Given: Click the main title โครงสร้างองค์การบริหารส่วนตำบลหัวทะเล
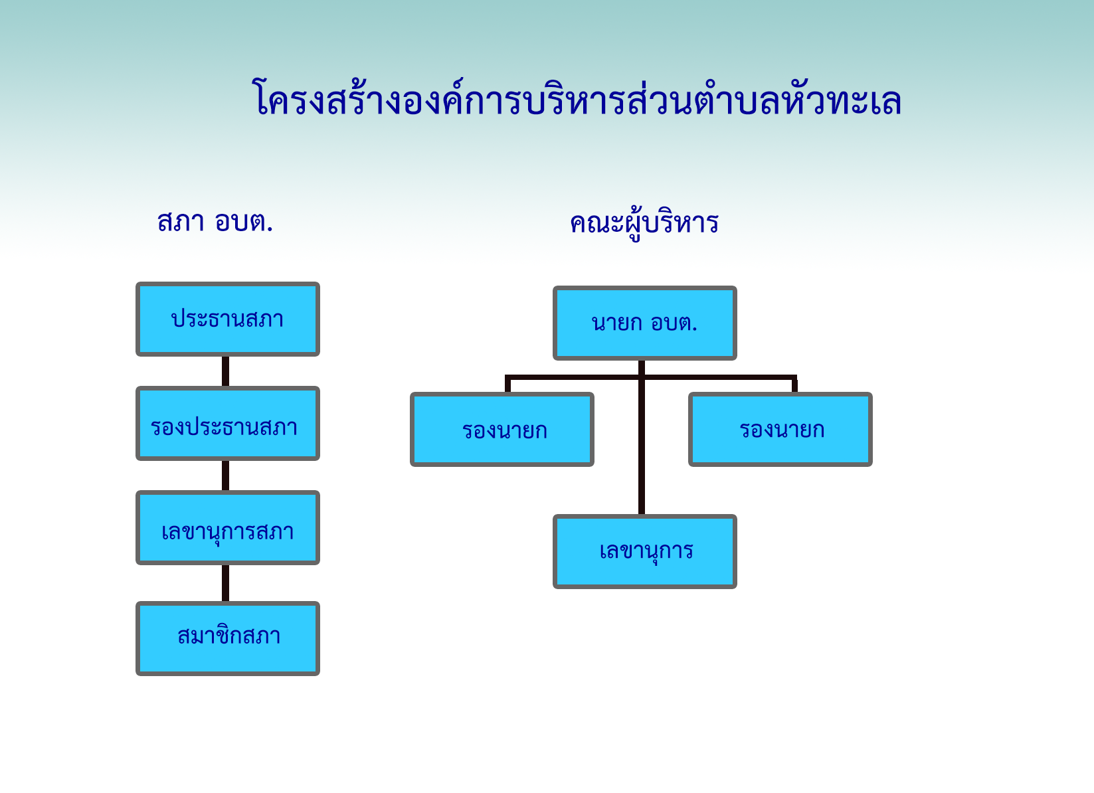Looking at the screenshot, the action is click(577, 98).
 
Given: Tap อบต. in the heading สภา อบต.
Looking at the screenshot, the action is click(243, 222).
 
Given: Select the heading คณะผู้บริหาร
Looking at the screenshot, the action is click(644, 224).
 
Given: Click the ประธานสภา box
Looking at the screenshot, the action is click(228, 319).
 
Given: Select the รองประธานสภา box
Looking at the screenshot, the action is click(228, 423).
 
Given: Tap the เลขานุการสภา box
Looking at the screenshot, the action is click(228, 527).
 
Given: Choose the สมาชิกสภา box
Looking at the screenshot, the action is click(228, 638).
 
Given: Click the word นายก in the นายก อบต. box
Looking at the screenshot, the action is click(616, 323).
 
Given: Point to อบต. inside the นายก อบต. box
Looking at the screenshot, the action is click(674, 323).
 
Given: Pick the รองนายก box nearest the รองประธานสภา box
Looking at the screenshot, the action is click(502, 429).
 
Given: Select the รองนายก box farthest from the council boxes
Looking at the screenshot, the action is click(780, 429).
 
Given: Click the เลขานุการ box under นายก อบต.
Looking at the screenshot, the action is click(645, 551).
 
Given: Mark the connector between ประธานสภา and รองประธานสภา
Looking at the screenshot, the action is click(226, 371).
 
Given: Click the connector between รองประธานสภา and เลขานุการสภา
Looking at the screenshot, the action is click(226, 476).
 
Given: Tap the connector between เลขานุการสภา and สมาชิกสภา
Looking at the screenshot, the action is click(226, 583).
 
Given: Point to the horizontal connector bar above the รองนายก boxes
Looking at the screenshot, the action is click(651, 377).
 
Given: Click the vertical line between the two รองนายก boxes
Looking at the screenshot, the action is click(642, 437).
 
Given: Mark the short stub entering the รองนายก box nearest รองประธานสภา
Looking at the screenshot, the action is click(508, 385).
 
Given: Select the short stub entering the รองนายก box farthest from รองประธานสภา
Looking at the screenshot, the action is click(794, 385).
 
